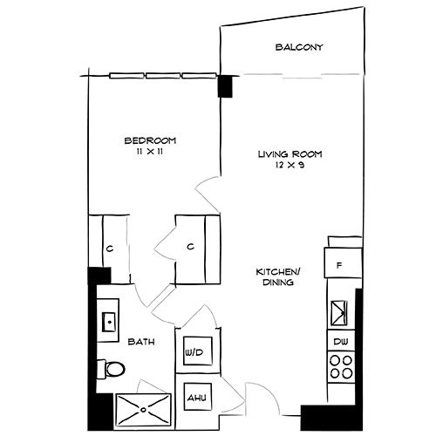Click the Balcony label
[x=299, y=47]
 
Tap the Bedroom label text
[x=151, y=140]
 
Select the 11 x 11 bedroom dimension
[x=151, y=152]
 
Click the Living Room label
[x=290, y=154]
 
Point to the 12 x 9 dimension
[x=290, y=166]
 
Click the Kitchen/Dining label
[x=273, y=276]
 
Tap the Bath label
[x=142, y=343]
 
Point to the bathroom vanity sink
[x=108, y=320]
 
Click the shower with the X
[x=145, y=405]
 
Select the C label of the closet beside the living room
[x=190, y=247]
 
